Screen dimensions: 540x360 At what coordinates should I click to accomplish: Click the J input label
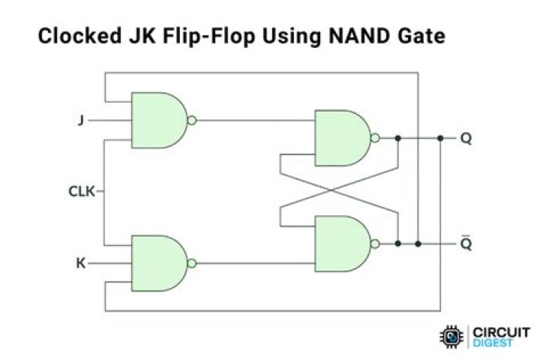(81, 120)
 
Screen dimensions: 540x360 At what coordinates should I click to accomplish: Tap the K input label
(80, 263)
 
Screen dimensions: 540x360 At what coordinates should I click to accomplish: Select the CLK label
(82, 191)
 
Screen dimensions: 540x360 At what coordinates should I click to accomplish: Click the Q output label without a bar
(466, 139)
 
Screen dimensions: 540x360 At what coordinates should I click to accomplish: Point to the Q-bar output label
(466, 243)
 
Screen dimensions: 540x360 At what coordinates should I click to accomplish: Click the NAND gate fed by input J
(160, 120)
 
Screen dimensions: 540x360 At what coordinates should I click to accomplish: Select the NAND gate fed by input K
(160, 263)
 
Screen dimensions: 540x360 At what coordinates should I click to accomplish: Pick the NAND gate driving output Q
(343, 138)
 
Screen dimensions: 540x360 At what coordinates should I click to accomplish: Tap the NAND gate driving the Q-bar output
(343, 244)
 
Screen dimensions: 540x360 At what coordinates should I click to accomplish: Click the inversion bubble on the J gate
(192, 120)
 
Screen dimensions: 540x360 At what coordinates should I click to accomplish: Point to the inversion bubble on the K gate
(192, 263)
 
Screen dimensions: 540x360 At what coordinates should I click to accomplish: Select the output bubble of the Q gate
(376, 138)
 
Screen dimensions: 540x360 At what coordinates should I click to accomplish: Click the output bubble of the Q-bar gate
(376, 244)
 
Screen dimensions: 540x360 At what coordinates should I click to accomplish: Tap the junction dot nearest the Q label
(440, 138)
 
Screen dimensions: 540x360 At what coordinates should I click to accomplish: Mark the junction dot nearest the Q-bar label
(418, 244)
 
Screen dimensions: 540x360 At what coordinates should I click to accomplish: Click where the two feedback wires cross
(332, 190)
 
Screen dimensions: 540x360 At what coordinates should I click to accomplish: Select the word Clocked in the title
(79, 36)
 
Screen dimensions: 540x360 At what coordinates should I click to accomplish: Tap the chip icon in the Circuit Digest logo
(451, 337)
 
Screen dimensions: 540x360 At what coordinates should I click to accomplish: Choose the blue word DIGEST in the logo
(493, 343)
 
